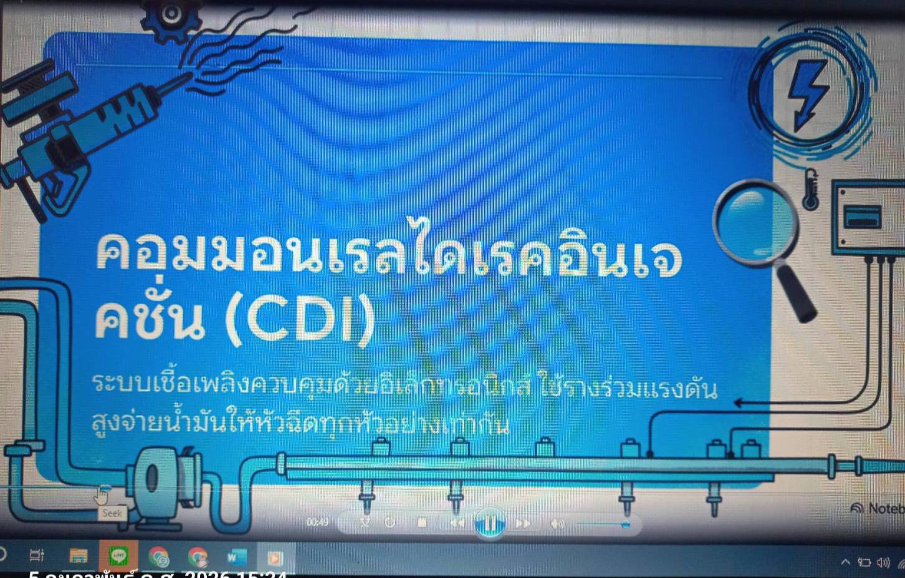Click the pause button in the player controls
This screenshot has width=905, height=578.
489,523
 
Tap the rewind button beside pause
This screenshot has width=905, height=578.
457,523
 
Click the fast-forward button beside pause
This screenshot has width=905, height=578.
523,523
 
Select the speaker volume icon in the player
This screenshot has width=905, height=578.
557,524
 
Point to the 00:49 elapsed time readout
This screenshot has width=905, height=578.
317,522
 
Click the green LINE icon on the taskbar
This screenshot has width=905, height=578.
118,555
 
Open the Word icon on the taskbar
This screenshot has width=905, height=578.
237,556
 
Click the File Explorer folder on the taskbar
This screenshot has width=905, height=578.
79,556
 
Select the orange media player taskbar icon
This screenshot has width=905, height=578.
275,557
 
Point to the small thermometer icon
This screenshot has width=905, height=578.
810,189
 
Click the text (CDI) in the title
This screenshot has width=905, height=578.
300,320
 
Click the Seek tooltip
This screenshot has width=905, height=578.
112,513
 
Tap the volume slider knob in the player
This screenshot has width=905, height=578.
626,524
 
